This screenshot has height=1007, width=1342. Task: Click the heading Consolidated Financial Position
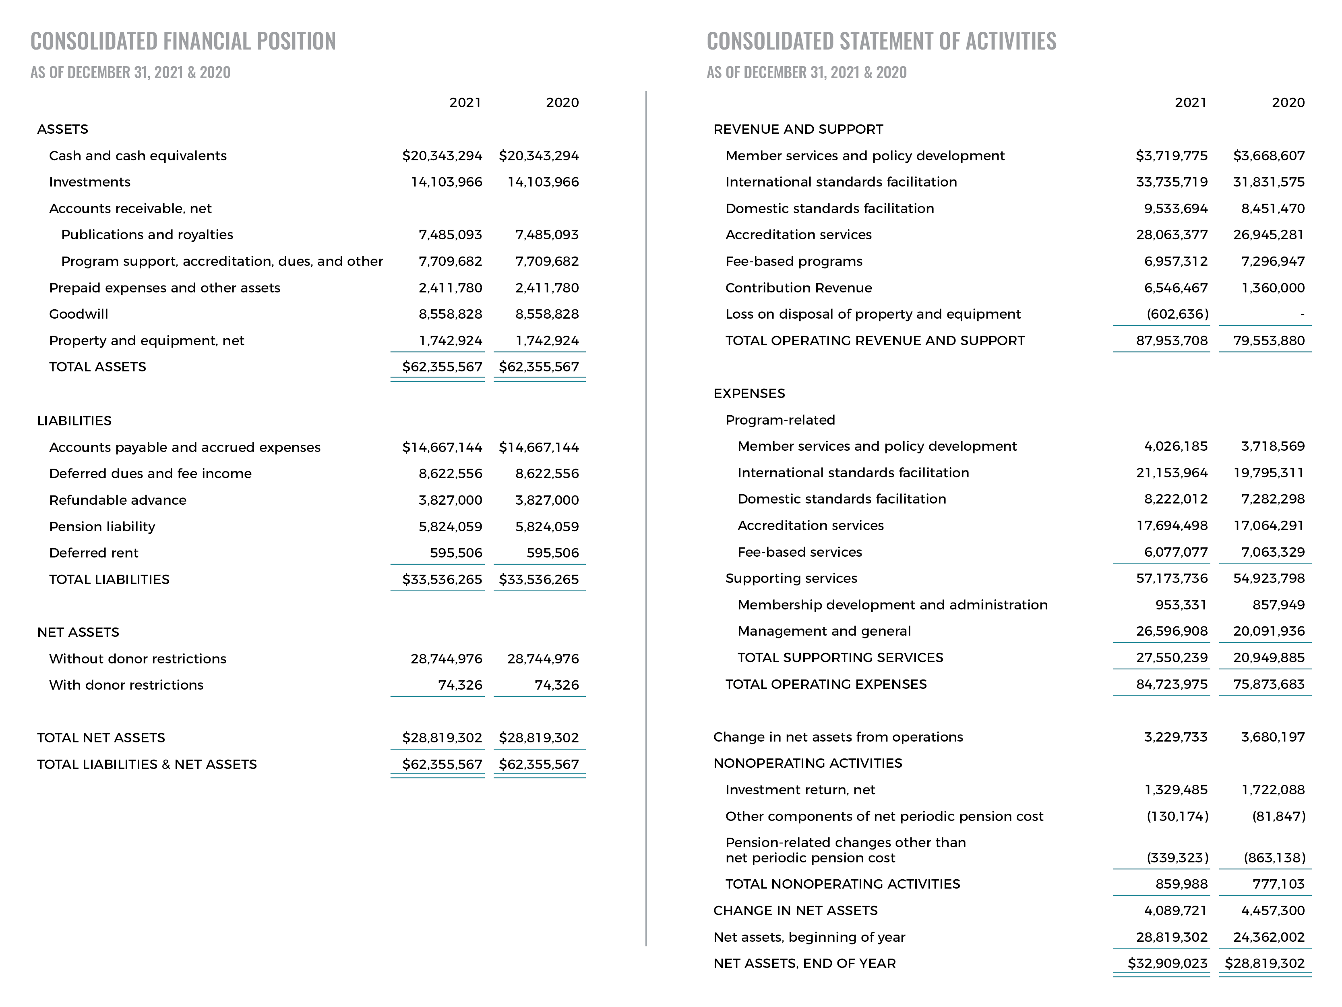point(183,41)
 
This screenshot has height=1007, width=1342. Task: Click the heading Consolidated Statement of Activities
point(881,41)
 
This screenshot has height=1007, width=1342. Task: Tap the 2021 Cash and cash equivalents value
point(442,155)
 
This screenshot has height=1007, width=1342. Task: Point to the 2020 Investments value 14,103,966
point(543,182)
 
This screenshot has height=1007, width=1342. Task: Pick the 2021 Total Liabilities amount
point(442,579)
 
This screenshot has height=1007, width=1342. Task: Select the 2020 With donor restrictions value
point(556,685)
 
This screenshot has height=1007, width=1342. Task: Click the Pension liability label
point(102,526)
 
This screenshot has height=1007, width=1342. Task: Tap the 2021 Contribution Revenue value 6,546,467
point(1175,288)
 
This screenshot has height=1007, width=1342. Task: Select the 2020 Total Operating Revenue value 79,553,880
point(1269,340)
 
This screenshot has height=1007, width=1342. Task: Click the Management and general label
point(824,631)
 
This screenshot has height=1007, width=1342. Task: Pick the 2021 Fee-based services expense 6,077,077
point(1175,552)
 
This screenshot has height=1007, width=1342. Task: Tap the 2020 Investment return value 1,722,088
point(1272,790)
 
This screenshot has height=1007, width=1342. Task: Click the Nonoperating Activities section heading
point(808,763)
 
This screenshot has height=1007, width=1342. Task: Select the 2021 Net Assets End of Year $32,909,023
point(1167,963)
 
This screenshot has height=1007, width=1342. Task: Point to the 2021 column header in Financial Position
point(465,103)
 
